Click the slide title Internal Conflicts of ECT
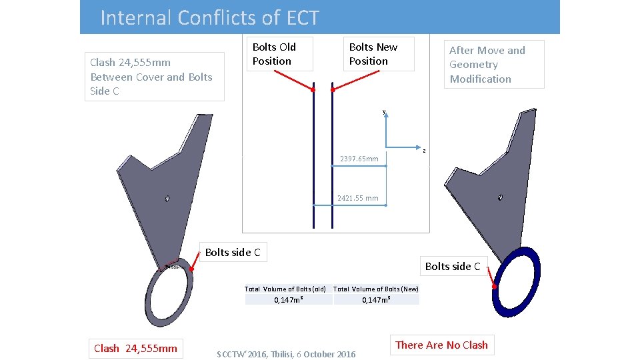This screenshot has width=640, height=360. point(209,17)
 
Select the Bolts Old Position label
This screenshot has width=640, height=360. point(274,54)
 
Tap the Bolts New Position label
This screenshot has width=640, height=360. point(373,54)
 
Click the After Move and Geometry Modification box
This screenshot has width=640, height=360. point(487,65)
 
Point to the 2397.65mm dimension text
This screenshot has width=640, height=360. point(359,159)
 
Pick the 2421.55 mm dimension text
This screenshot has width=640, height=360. point(357,198)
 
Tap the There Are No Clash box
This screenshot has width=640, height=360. point(441,345)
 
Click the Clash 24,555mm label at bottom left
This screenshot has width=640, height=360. point(136,348)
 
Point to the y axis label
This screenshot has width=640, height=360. point(384,111)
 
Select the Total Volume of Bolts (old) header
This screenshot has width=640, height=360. point(285,289)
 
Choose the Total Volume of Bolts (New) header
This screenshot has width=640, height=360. point(376,289)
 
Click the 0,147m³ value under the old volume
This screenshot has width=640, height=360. point(289,300)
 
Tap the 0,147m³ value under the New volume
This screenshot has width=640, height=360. point(376,300)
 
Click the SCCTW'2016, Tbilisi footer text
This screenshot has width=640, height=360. point(287,354)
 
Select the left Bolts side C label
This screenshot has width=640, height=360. point(232,252)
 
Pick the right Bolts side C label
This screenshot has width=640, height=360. point(453,267)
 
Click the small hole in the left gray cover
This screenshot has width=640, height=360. point(167,198)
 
